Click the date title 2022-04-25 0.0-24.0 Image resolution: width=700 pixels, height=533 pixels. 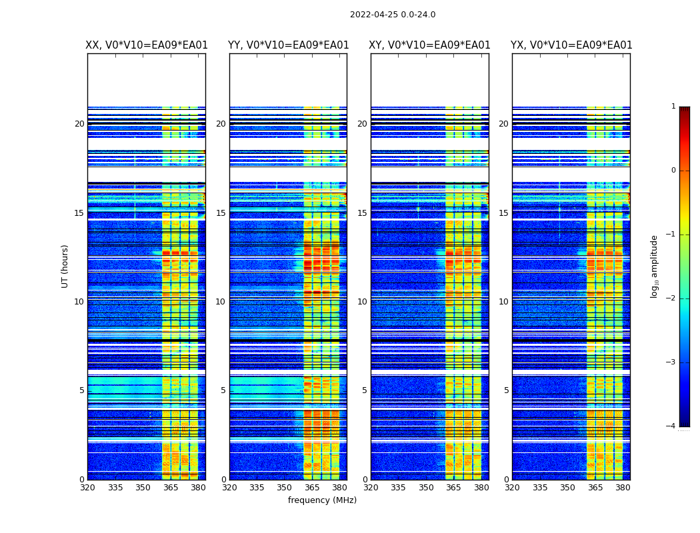point(393,15)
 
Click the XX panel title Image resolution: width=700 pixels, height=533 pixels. point(147,45)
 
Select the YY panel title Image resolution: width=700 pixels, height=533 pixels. point(288,45)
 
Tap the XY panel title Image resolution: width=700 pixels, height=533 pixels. point(429,45)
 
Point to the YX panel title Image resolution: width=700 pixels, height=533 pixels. point(571,45)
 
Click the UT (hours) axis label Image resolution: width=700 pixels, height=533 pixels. point(65,266)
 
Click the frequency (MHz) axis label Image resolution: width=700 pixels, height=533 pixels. point(322,500)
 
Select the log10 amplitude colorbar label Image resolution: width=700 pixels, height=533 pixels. point(655,266)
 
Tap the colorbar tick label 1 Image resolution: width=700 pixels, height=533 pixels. point(673,107)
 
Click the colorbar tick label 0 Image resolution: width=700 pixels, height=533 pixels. point(673,171)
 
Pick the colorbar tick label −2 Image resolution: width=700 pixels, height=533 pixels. point(671,299)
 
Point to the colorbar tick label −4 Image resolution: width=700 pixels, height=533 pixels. point(671,426)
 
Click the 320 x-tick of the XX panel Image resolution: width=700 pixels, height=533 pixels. point(87,488)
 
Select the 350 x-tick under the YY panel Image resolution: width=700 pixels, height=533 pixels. point(285,488)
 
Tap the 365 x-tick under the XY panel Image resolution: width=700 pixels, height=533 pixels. point(453,488)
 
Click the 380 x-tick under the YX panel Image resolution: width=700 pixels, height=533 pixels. point(623,488)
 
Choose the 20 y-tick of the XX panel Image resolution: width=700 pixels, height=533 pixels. point(79,124)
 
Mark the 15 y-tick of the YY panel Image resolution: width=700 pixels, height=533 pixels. point(221,213)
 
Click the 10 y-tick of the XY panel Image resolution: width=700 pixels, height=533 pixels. point(362,302)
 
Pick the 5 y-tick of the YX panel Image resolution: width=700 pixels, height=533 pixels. point(506,390)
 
